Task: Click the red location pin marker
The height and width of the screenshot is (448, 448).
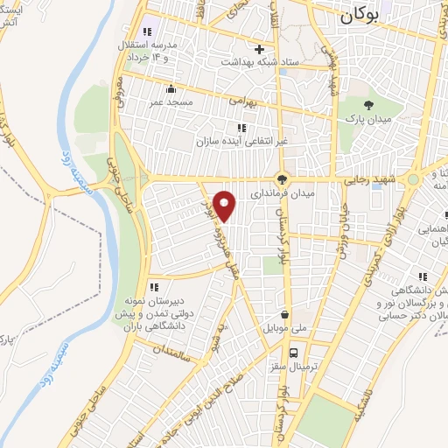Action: [226, 206]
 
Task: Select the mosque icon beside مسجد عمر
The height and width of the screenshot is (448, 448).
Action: [171, 89]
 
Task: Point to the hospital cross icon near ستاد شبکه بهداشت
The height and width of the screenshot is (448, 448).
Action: [259, 49]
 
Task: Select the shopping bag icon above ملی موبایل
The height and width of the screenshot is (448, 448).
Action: [285, 315]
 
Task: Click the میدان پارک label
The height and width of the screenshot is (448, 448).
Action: [361, 115]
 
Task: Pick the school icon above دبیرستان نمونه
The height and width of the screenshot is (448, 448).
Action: [154, 286]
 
